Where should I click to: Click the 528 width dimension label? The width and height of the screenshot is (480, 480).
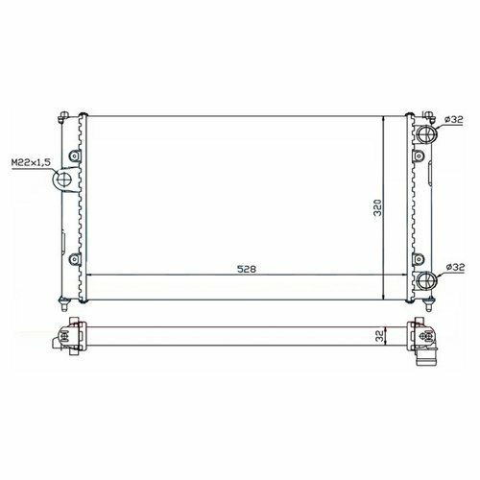(x=247, y=269)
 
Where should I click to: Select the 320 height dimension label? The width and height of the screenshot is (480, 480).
(x=378, y=208)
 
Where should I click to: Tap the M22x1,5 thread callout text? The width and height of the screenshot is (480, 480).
(x=31, y=162)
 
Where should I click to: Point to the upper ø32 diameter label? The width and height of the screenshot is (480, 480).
(x=454, y=120)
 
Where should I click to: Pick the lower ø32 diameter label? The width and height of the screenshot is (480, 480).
(x=455, y=267)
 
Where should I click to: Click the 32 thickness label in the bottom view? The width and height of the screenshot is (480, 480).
(x=380, y=336)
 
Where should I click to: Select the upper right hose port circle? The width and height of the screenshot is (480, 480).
(x=427, y=134)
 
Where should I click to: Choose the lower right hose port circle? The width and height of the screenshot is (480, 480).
(x=427, y=280)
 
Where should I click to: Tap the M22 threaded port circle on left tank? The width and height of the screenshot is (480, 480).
(x=64, y=180)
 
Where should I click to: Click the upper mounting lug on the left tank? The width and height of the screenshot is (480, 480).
(x=75, y=156)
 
